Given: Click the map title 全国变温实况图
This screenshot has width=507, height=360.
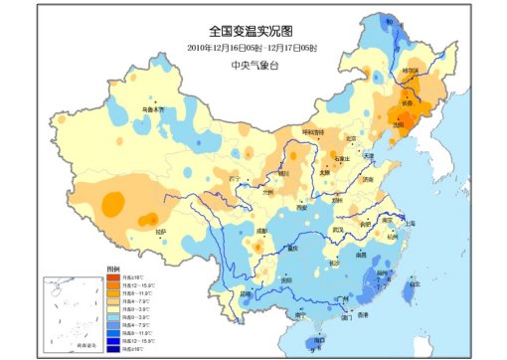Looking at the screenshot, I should tap(253, 32).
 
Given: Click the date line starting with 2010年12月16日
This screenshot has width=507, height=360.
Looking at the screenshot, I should tap(253, 47).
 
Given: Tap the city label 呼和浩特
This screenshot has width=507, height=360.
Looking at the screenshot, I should tap(314, 131).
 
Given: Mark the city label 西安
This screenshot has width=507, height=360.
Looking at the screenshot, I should tap(302, 208).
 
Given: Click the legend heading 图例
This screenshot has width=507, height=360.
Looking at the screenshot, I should tap(113, 270).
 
